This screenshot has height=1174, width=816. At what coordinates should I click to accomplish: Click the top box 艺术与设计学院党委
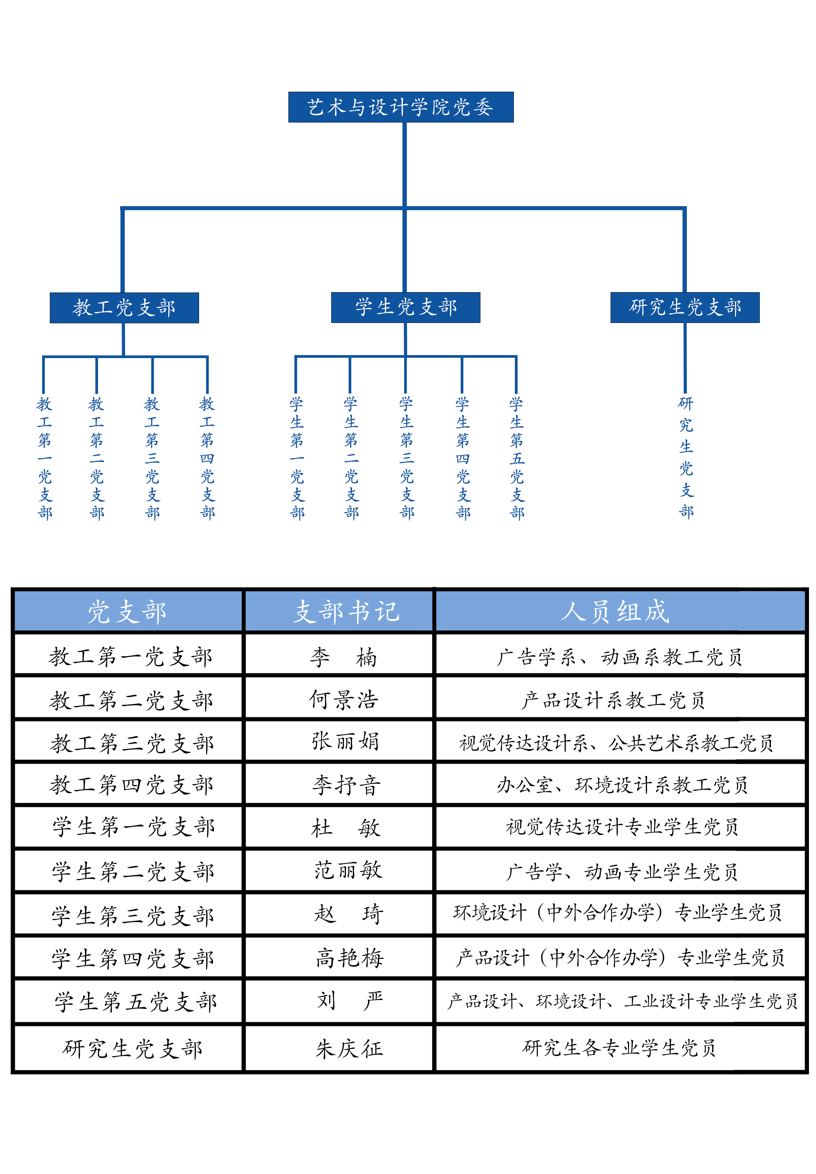(401, 107)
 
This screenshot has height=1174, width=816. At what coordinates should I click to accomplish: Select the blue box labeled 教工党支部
(124, 308)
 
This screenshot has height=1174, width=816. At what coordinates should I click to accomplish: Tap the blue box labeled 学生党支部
(405, 307)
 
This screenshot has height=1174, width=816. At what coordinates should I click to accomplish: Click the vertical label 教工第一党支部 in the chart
(44, 458)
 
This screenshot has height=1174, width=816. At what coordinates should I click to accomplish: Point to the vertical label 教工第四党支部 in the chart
(207, 458)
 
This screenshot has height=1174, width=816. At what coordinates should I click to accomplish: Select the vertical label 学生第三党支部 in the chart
(406, 458)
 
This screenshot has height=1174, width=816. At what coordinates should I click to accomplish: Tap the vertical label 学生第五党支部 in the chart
(517, 458)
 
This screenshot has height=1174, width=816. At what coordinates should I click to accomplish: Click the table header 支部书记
(346, 611)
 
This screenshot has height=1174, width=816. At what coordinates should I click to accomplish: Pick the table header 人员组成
(615, 611)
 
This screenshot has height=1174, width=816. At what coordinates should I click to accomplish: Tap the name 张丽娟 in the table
(346, 742)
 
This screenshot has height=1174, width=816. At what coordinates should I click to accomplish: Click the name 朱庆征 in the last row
(349, 1049)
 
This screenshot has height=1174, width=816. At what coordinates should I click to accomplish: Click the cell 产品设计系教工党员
(614, 700)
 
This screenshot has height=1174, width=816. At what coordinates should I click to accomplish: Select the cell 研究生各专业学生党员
(619, 1048)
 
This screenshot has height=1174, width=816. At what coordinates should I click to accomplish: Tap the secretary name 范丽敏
(348, 870)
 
